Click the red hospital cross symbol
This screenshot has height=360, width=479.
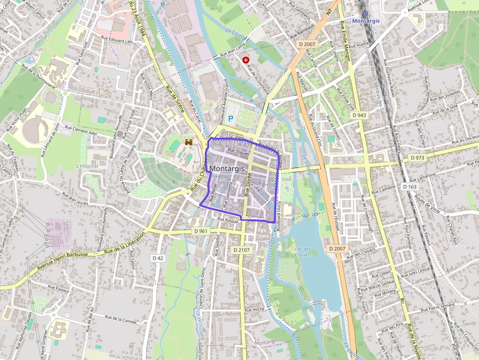pos(246,60)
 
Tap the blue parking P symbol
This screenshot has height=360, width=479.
pos(231,118)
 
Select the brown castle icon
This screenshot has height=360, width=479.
pos(188,142)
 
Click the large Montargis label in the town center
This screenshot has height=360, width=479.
pos(227,169)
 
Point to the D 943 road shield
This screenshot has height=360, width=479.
pos(359,115)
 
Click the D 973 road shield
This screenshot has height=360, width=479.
pos(417,158)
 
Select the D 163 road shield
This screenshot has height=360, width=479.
pos(411,187)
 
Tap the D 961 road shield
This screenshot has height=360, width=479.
pos(200,231)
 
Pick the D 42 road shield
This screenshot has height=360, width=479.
pos(158,257)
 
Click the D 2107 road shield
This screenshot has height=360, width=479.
pos(241,250)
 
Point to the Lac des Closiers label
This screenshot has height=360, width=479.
pos(303,252)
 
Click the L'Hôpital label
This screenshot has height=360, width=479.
pos(87,166)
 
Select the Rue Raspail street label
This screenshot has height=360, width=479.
pos(228,221)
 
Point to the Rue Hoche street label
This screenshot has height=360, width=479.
pos(254,310)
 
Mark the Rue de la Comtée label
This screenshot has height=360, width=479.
pos(121,320)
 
